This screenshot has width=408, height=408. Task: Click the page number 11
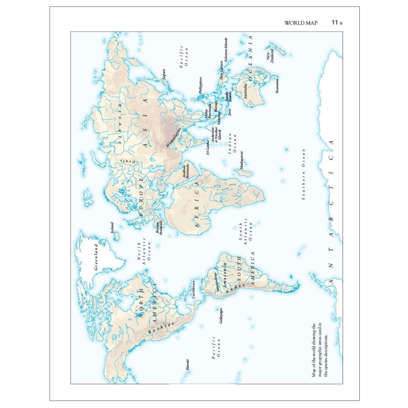(x=335, y=23)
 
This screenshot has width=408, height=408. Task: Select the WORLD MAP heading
(x=300, y=23)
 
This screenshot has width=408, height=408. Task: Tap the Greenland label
(x=96, y=257)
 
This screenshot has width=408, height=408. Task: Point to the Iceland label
(x=112, y=228)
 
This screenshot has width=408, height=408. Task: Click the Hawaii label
(x=187, y=365)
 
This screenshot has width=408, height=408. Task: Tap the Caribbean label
(x=193, y=289)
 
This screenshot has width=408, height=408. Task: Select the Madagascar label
(x=241, y=160)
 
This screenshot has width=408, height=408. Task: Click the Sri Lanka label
(x=208, y=148)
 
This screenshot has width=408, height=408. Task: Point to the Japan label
(x=164, y=74)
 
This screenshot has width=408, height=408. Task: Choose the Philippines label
(x=201, y=85)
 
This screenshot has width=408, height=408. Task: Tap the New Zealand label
(x=270, y=54)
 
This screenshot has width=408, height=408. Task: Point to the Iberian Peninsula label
(x=159, y=227)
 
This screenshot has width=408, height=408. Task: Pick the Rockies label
(x=161, y=328)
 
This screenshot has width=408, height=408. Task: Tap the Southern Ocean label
(x=303, y=174)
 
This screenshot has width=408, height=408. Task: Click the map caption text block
(x=320, y=350)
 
